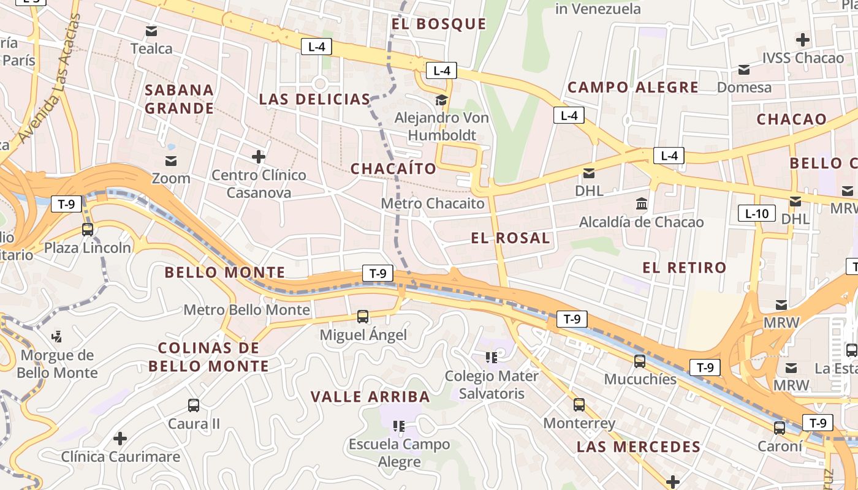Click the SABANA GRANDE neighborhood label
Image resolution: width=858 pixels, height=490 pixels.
[179, 99]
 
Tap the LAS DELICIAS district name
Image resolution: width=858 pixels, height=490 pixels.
[314, 99]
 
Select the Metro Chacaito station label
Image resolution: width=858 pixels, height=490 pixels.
[433, 203]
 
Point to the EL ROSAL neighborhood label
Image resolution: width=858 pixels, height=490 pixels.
[511, 238]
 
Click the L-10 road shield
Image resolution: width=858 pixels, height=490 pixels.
[757, 214]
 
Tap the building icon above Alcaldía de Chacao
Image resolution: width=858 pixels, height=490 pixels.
[642, 203]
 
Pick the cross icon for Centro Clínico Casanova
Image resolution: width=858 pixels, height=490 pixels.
[259, 157]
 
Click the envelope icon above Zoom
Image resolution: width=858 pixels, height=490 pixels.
[171, 161]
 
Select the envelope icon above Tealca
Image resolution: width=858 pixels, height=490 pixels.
[151, 31]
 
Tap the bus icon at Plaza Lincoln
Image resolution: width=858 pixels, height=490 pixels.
[88, 230]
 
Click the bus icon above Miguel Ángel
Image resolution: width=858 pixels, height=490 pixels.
[363, 317]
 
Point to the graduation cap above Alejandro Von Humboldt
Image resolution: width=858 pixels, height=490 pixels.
[441, 100]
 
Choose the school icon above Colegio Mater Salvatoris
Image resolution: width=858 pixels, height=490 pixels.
[491, 357]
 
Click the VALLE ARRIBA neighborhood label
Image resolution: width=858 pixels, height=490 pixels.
[370, 397]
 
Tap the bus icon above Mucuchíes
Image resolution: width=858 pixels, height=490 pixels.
[640, 361]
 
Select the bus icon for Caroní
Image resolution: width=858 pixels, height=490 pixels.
[780, 428]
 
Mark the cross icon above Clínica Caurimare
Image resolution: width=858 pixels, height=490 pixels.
[120, 439]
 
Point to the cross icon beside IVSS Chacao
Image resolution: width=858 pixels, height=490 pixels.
[803, 40]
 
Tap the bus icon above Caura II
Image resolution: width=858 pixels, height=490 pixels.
[194, 405]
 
